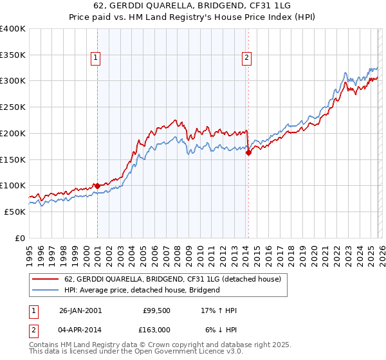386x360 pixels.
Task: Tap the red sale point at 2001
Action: pos(97,186)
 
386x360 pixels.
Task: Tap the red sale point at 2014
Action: pos(248,152)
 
